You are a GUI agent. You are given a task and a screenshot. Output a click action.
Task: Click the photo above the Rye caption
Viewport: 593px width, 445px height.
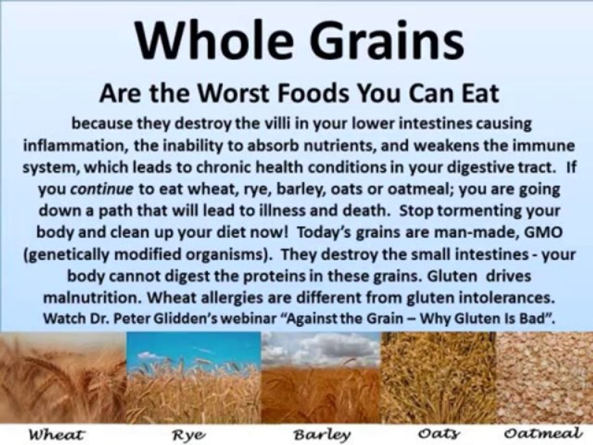[x=193, y=377]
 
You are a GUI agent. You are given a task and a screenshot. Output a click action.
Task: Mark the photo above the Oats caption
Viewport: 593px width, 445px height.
[x=439, y=377]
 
